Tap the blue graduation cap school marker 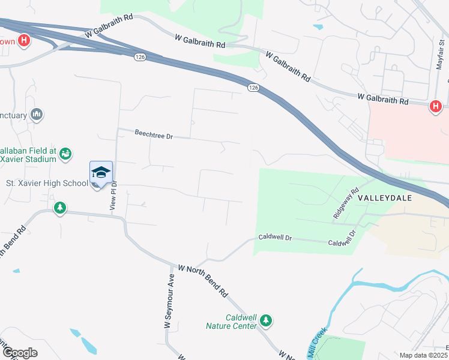point(101,172)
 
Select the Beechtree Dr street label point(153,136)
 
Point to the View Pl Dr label point(113,195)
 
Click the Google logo point(19,353)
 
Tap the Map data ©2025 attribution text point(423,355)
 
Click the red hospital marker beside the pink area point(436,107)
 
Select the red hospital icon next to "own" point(24,41)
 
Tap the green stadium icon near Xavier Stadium point(65,154)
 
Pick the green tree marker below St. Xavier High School point(59,208)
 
